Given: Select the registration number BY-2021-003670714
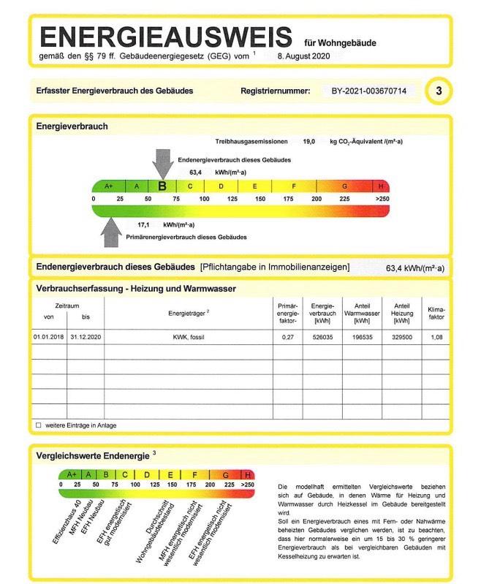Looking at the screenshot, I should [x=368, y=91].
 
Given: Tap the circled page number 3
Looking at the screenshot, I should [x=439, y=91].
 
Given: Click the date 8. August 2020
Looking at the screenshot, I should [x=305, y=56].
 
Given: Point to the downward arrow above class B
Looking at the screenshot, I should [x=163, y=161].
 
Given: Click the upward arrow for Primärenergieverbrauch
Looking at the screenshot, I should [x=110, y=231].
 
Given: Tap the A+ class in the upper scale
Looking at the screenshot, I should [x=109, y=186].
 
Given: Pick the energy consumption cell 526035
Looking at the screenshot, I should [x=322, y=338].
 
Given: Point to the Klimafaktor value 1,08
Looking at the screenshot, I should [x=436, y=338].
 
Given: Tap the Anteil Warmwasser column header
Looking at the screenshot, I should [x=359, y=311].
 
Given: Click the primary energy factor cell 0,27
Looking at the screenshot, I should [x=287, y=338].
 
